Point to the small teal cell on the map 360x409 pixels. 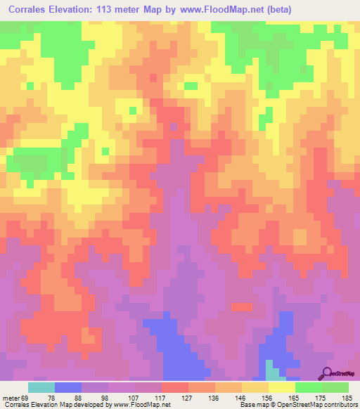271,368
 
